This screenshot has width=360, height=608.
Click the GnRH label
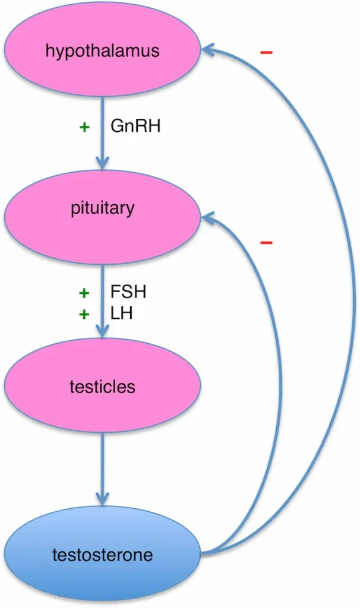(x=135, y=126)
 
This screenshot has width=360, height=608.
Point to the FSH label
(x=128, y=292)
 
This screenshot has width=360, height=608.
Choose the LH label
(x=121, y=313)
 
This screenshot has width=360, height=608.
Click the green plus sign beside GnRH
(x=84, y=126)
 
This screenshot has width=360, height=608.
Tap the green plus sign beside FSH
(x=84, y=293)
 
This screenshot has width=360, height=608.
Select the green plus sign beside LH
(x=84, y=313)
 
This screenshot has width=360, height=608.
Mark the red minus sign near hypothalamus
(x=266, y=53)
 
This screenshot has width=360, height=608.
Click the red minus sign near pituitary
(x=266, y=243)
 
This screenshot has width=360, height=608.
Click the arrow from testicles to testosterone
(x=103, y=469)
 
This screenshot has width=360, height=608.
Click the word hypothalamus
(x=102, y=50)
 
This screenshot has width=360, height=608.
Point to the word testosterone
(x=102, y=555)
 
